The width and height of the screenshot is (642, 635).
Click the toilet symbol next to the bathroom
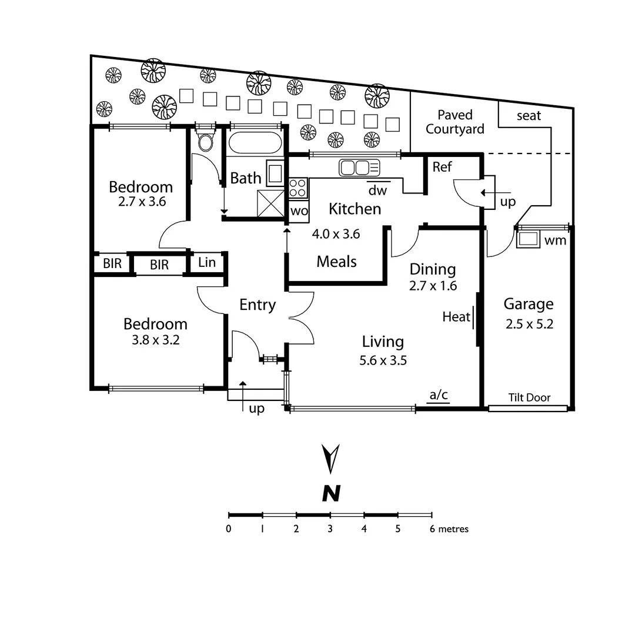pos(205,142)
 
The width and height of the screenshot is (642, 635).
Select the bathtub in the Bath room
pos(255,143)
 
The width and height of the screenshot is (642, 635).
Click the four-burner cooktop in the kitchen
pos(297,188)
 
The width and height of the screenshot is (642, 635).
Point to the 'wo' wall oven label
pos(299,211)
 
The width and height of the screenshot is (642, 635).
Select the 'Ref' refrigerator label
pos(442,167)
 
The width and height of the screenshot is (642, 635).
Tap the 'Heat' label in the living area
pos(456,317)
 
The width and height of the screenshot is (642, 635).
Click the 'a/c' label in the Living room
pos(439,395)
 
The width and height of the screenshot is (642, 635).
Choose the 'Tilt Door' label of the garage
pos(529,397)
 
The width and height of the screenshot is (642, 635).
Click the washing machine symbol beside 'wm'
pos(528,239)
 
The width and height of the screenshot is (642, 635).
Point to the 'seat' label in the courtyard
pos(529,116)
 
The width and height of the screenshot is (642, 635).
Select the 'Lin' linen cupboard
pos(207,262)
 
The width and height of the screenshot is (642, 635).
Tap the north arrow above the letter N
pos(332,459)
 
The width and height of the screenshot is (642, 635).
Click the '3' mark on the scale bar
pos(330,529)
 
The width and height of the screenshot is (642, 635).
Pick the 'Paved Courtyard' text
pos(454,122)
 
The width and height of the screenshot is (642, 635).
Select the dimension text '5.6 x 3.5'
pos(383,360)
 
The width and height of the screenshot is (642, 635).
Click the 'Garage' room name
pos(529,304)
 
